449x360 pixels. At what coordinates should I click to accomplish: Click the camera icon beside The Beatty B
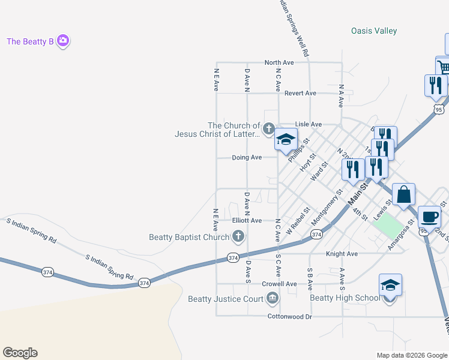coord(63,41)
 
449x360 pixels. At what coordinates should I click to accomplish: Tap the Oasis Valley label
coord(374,31)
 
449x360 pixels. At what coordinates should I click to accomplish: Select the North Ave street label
coord(279,62)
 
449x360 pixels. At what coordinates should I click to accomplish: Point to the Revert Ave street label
coord(300,93)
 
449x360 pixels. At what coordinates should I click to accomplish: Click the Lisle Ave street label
coord(309,124)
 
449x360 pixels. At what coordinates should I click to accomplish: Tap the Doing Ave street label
coord(247,157)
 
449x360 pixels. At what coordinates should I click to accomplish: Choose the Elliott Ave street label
coord(247,220)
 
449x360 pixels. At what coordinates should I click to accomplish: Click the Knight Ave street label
coord(342,254)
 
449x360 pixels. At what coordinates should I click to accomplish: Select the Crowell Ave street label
coord(279,284)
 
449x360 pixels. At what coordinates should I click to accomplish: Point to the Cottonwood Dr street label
coord(290,316)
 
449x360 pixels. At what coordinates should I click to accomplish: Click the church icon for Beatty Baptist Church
coord(239,237)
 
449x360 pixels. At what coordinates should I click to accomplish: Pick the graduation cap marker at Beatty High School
coord(390,286)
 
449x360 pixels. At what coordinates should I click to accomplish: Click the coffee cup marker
coord(429,217)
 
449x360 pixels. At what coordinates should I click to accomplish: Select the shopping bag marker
coord(404,195)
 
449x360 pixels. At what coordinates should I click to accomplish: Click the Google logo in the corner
coord(20,353)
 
